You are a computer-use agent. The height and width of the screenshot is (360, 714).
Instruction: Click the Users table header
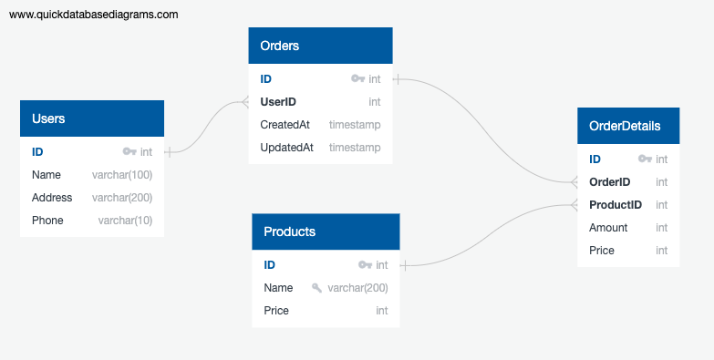click(48, 118)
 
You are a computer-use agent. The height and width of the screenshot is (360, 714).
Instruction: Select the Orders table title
click(280, 46)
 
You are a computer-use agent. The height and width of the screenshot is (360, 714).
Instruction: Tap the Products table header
click(289, 231)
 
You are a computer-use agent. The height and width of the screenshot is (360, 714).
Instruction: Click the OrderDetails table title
click(625, 126)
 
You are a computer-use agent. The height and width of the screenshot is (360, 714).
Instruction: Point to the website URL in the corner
click(94, 15)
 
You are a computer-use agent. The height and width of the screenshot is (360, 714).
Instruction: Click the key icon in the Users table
click(129, 152)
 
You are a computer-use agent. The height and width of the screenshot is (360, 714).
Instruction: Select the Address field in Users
click(52, 198)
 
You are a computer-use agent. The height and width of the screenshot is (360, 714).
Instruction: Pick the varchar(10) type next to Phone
click(125, 221)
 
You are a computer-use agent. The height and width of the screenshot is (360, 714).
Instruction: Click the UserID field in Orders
click(278, 102)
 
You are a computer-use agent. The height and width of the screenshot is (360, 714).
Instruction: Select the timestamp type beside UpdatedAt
click(355, 148)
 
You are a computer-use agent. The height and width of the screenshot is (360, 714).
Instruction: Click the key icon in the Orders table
click(357, 79)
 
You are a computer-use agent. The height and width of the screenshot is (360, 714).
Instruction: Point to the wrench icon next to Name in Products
click(316, 288)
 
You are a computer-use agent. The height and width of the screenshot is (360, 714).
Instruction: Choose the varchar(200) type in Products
click(358, 288)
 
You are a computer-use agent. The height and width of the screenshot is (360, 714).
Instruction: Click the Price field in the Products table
click(276, 311)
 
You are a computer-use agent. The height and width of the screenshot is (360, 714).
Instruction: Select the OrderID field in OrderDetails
click(610, 182)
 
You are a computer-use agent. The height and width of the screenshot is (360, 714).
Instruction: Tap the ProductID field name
click(616, 205)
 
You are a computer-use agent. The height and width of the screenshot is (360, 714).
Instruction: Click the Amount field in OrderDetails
click(608, 228)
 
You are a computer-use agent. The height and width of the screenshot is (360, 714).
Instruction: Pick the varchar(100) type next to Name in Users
click(122, 175)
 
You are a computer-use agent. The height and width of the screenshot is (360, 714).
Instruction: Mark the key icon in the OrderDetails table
click(645, 159)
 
